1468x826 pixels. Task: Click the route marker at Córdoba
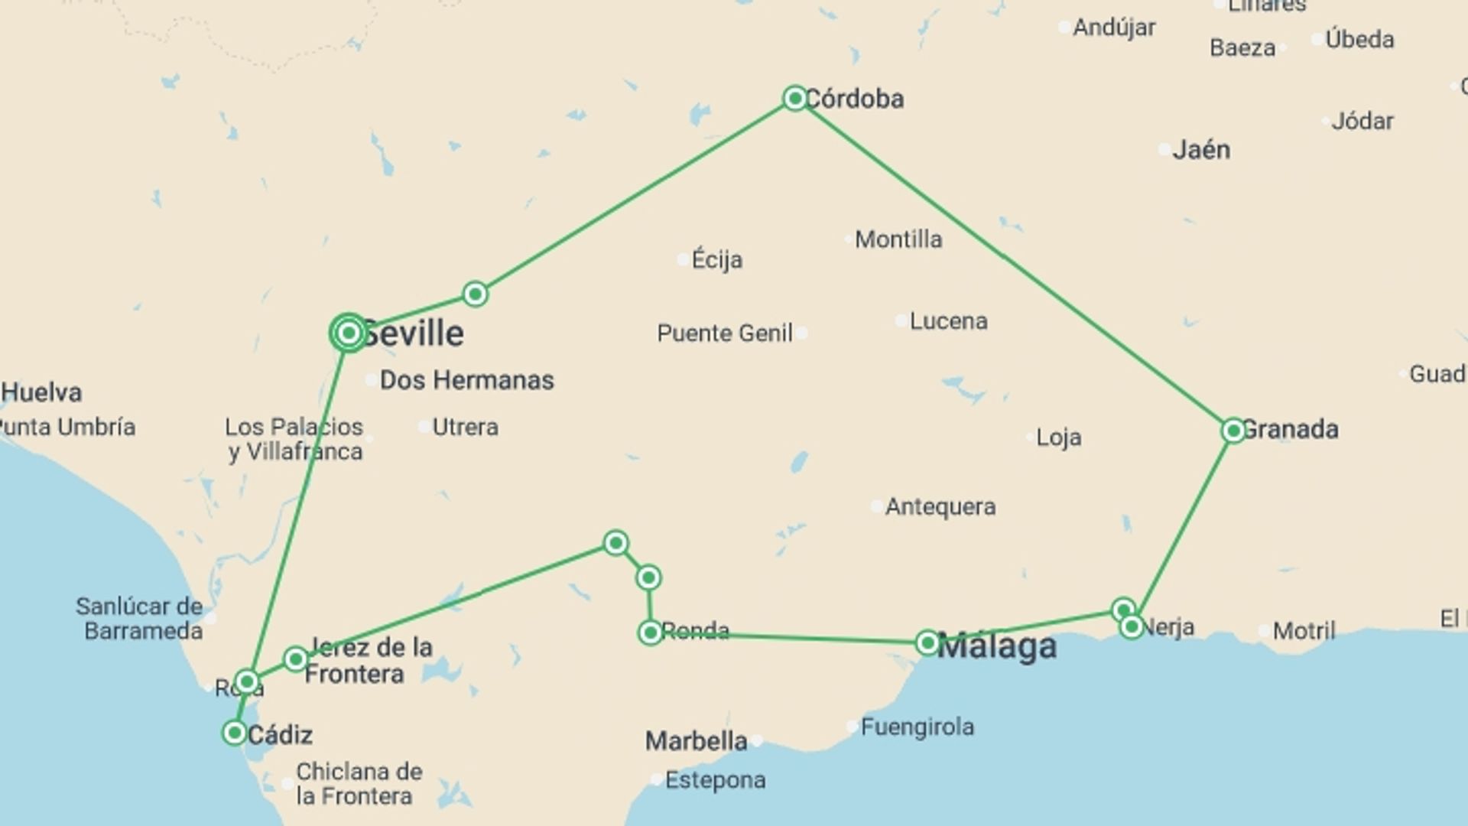[x=794, y=98]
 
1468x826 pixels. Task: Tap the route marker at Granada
[x=1233, y=431]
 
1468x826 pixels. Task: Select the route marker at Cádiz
[x=234, y=733]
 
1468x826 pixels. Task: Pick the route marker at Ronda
[x=650, y=633]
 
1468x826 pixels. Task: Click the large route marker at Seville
[x=349, y=333]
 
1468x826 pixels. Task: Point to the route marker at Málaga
[x=927, y=642]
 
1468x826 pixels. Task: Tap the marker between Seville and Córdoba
[x=475, y=294]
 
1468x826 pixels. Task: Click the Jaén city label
[x=1201, y=150]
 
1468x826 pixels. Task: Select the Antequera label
[x=940, y=507]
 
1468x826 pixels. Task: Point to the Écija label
[x=716, y=260]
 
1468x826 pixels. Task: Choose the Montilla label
[x=898, y=239]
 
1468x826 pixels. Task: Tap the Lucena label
[x=948, y=321]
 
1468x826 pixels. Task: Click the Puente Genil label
[x=724, y=333]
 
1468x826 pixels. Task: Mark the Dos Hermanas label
[x=466, y=380]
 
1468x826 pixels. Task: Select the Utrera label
[x=465, y=427]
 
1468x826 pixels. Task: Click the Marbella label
[x=696, y=740]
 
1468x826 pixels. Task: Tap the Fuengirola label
[x=917, y=727]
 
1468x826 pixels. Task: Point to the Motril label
[x=1304, y=631]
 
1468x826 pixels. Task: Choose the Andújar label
[x=1114, y=28]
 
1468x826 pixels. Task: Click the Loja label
[x=1058, y=437]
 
